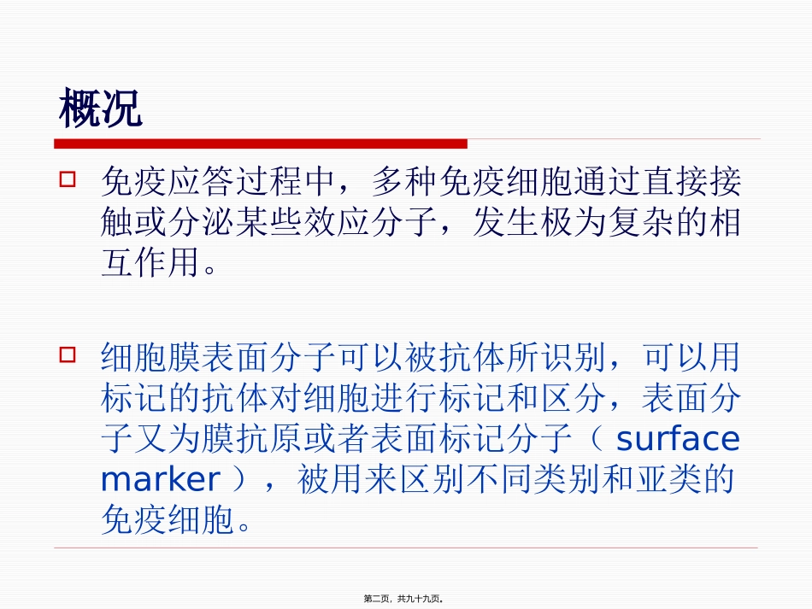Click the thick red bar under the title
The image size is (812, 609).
coord(261,143)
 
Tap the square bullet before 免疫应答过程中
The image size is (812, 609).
coord(68,180)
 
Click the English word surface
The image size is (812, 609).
coord(677,439)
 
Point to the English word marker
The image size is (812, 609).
coord(160,480)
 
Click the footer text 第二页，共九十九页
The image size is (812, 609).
coord(405,600)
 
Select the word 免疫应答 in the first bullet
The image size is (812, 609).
coord(168,183)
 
